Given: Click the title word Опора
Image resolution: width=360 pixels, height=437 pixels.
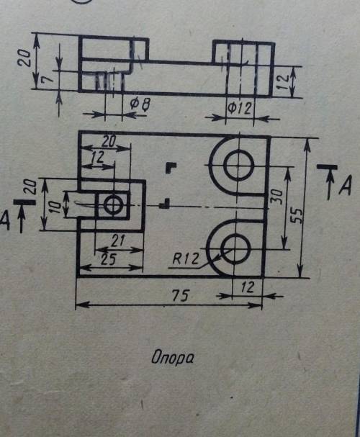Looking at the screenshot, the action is [x=172, y=358].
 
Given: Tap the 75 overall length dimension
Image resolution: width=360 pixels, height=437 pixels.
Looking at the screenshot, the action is [x=181, y=295].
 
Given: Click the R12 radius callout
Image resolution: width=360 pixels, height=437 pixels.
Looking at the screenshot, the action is [x=186, y=259].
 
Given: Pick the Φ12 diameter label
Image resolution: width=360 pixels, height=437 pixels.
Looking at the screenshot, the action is [x=240, y=109].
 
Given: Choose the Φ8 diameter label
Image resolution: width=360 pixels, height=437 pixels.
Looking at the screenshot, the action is [x=140, y=104].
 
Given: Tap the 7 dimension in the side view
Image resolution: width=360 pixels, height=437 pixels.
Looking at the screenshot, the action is [x=47, y=79].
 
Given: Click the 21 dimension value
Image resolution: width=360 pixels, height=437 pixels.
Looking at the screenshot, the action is [x=118, y=240].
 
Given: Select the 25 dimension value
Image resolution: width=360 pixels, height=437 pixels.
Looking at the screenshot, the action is [x=108, y=259].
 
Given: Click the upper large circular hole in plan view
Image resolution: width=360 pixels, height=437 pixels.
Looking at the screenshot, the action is [x=239, y=166].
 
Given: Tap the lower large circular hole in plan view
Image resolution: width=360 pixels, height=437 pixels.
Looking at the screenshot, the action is [x=235, y=248].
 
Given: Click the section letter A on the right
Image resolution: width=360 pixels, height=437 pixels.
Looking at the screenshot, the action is [x=346, y=185].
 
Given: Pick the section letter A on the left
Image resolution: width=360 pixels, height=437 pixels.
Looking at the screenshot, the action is [x=5, y=221].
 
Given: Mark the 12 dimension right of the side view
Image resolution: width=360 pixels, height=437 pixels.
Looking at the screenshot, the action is [x=284, y=81].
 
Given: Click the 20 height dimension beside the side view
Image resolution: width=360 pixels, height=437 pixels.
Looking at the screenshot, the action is [x=24, y=58].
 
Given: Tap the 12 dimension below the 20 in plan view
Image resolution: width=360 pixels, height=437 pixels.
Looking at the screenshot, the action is [x=97, y=157].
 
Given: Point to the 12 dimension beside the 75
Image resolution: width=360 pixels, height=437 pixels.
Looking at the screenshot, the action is [x=247, y=287].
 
